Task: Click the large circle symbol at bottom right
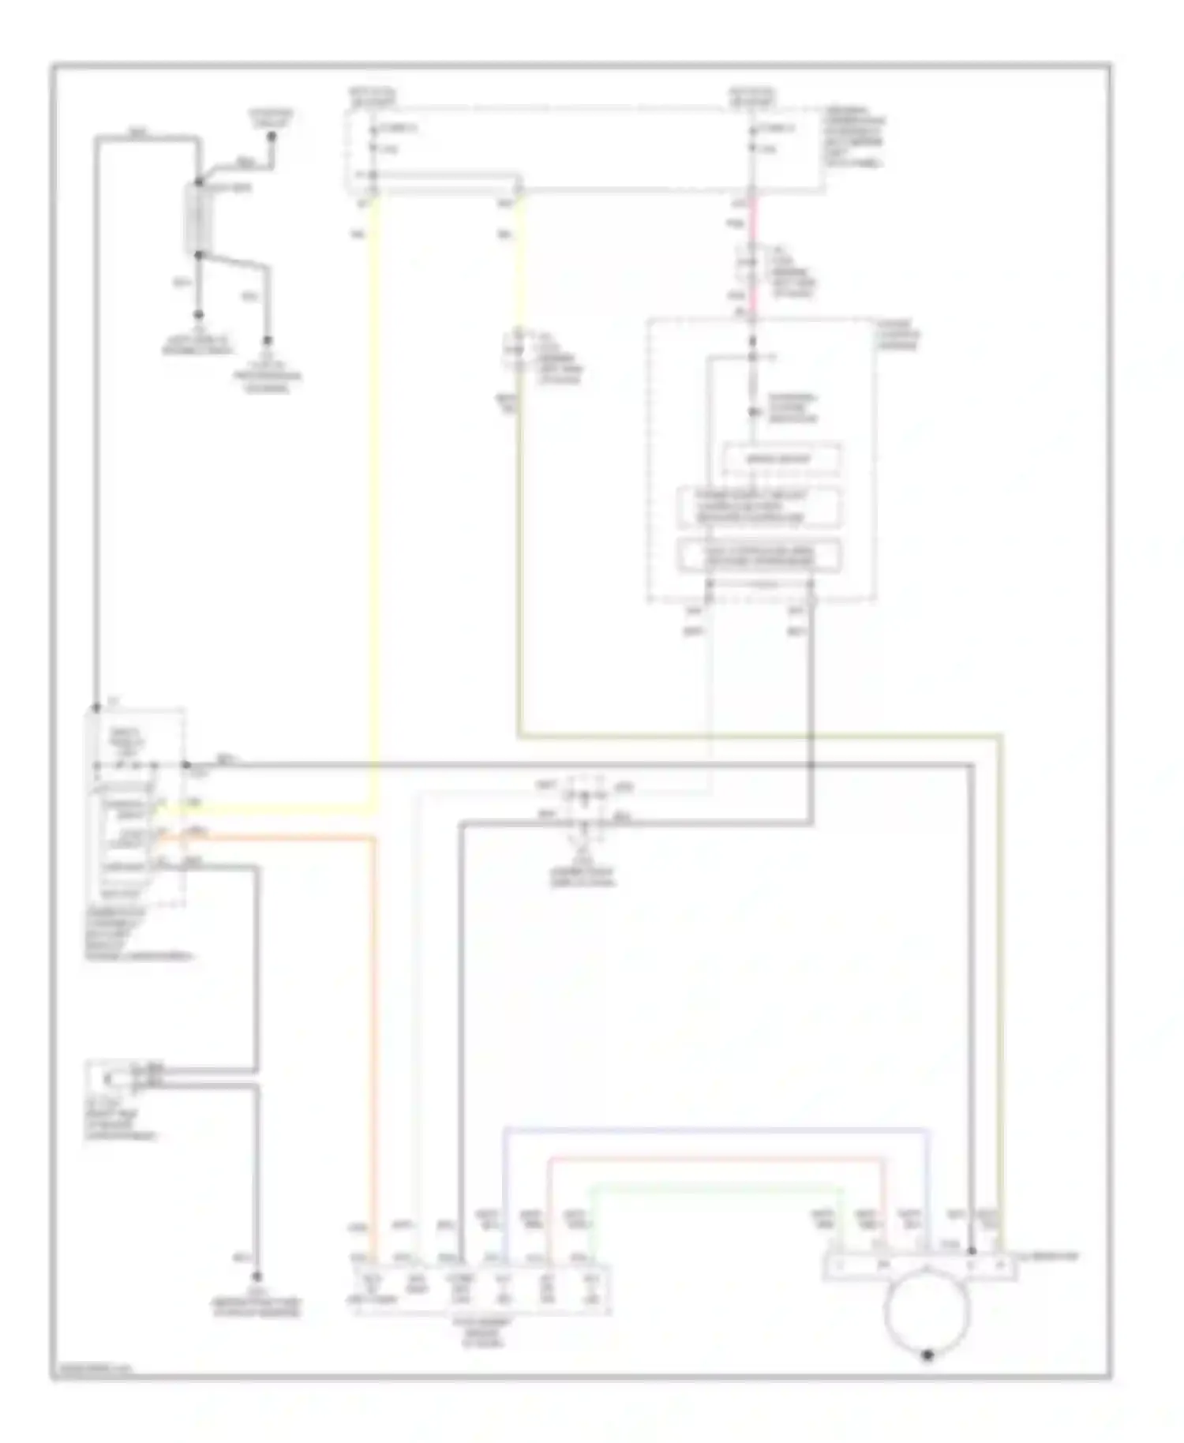click(x=927, y=1311)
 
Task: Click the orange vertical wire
click(x=374, y=1026)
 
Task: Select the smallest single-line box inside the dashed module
click(x=781, y=459)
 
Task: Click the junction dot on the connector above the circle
click(x=972, y=1251)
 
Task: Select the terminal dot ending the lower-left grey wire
click(x=257, y=1276)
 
